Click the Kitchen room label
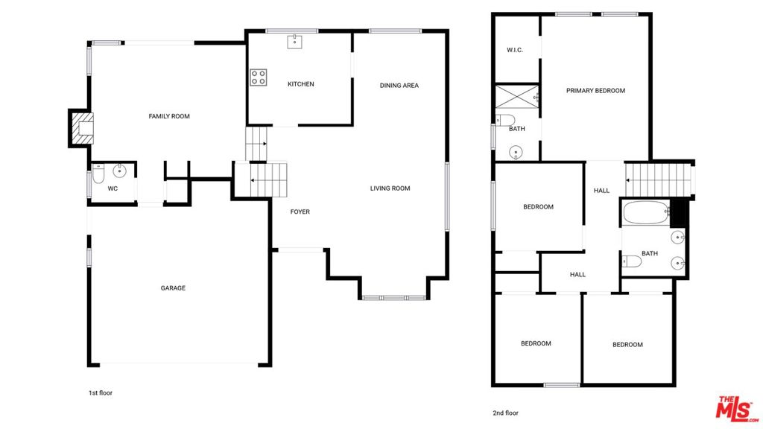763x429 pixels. pyautogui.click(x=301, y=84)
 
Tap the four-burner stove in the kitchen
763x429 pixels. pyautogui.click(x=259, y=77)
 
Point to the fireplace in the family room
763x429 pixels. pyautogui.click(x=80, y=128)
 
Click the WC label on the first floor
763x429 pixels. pyautogui.click(x=113, y=188)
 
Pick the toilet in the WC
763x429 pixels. pyautogui.click(x=98, y=174)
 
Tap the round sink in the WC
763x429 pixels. pyautogui.click(x=119, y=171)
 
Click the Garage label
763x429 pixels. pyautogui.click(x=173, y=288)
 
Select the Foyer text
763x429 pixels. pyautogui.click(x=300, y=212)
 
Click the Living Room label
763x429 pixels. pyautogui.click(x=390, y=188)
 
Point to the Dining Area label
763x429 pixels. pyautogui.click(x=399, y=86)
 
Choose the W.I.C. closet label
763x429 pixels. pyautogui.click(x=515, y=50)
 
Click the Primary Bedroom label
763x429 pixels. pyautogui.click(x=595, y=90)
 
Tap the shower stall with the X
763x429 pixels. pyautogui.click(x=517, y=97)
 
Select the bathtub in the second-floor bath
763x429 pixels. pyautogui.click(x=646, y=213)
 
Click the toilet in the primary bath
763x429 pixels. pyautogui.click(x=505, y=120)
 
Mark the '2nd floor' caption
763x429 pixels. pyautogui.click(x=506, y=413)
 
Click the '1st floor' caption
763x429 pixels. pyautogui.click(x=101, y=393)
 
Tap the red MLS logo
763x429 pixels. pyautogui.click(x=736, y=409)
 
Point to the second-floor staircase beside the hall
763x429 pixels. pyautogui.click(x=658, y=180)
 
